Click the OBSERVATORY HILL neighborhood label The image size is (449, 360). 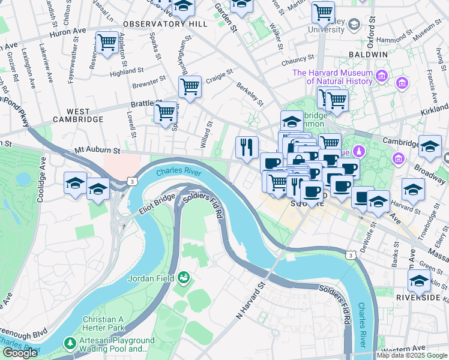164,24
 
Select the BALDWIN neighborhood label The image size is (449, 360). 370,54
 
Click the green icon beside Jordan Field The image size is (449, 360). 184,277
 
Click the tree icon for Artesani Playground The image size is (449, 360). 71,342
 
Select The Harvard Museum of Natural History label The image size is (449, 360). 332,77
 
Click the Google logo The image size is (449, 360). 20,352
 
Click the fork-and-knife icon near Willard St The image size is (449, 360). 247,146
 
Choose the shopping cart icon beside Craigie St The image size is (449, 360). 190,86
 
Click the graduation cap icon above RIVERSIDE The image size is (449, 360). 418,280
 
